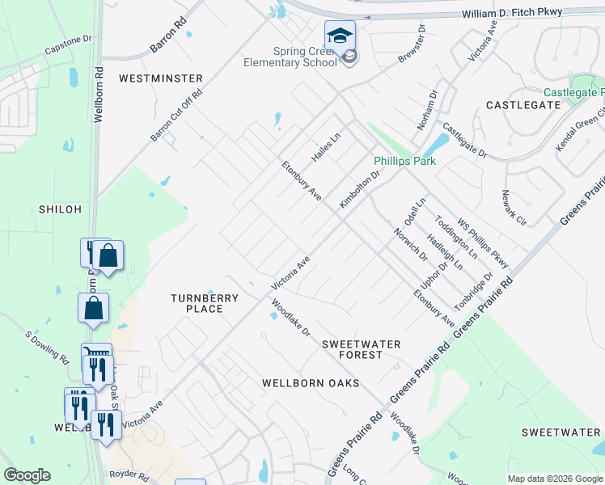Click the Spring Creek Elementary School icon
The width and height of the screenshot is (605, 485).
(x=341, y=36)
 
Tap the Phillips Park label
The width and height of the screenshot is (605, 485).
(x=404, y=161)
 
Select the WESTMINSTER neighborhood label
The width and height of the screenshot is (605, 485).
(x=160, y=78)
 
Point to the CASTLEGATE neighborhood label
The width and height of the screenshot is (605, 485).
(x=523, y=105)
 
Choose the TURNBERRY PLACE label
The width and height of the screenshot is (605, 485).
(x=205, y=303)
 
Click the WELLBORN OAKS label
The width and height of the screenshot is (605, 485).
(x=310, y=382)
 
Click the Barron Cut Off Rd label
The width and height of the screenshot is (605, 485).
(x=176, y=116)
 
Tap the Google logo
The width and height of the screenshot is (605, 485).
(x=27, y=475)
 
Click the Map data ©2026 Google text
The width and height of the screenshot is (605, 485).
(x=554, y=479)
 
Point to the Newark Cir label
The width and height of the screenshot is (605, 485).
(x=514, y=208)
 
